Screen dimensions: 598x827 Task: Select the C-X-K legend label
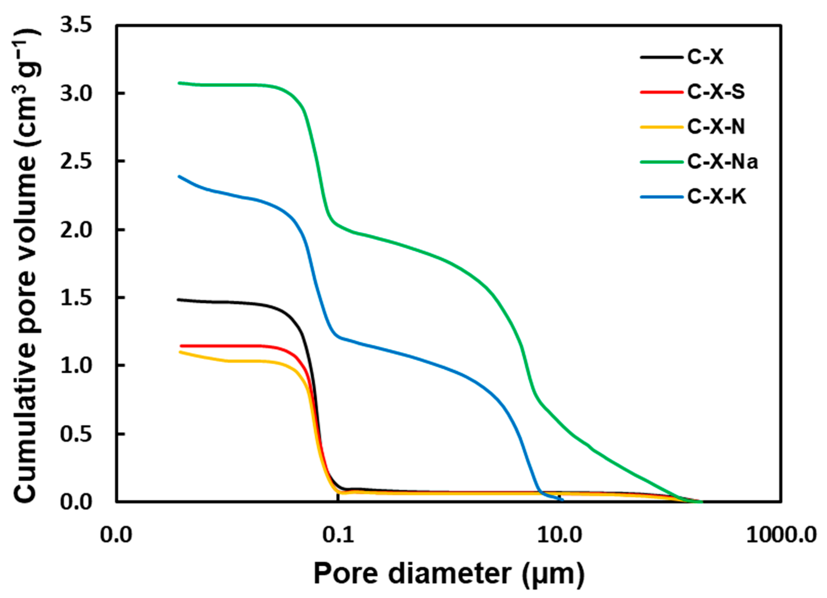[x=717, y=197]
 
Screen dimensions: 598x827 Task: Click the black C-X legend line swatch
[x=661, y=57]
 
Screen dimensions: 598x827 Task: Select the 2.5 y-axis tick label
[x=75, y=162]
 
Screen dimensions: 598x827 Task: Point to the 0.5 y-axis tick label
[x=75, y=434]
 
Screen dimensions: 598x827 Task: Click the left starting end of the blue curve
[x=179, y=176]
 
